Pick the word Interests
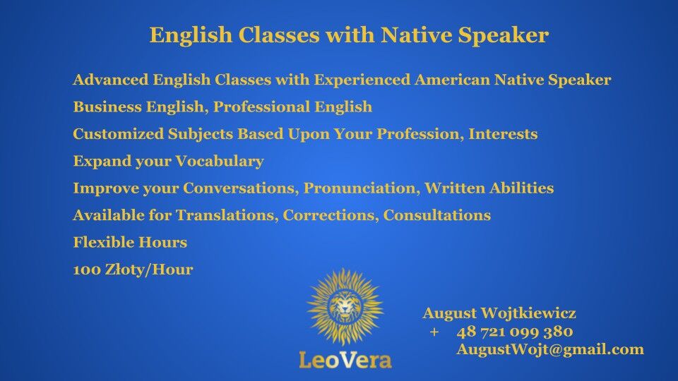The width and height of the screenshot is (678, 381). click(503, 134)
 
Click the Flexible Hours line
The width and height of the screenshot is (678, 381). click(130, 243)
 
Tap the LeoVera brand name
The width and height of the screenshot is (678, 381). click(345, 360)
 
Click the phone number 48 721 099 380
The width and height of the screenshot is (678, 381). click(514, 332)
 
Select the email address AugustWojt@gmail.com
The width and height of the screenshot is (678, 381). click(550, 349)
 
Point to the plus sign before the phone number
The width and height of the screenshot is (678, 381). click(434, 332)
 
